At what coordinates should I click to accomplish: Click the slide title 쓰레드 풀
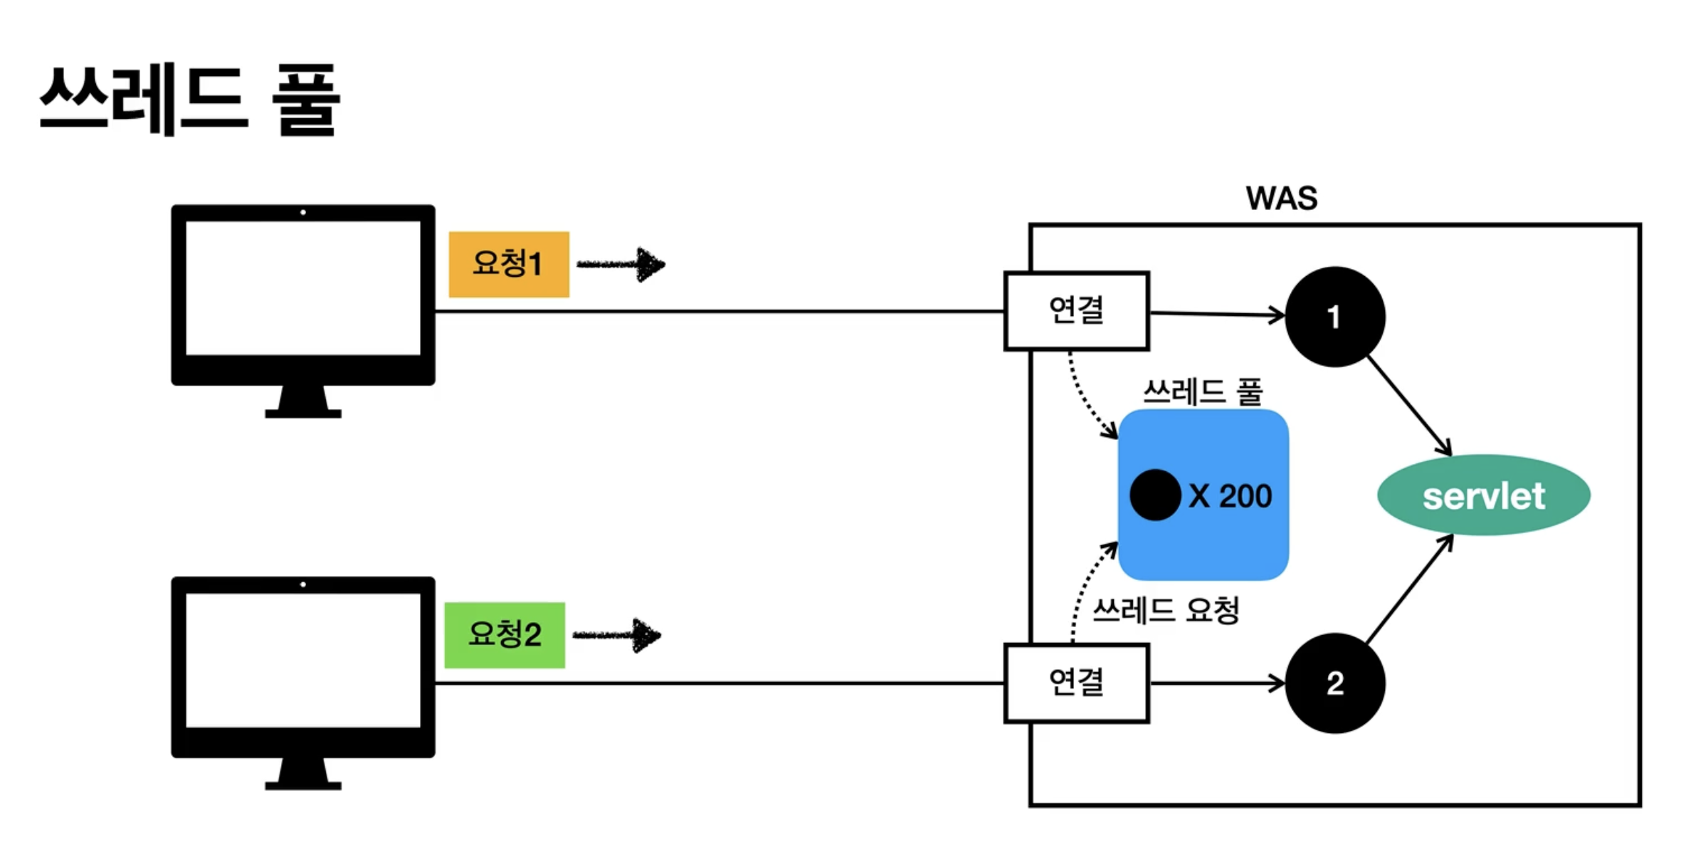[x=190, y=99]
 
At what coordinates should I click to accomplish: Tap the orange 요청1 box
[x=509, y=264]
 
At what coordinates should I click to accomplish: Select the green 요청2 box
[x=505, y=635]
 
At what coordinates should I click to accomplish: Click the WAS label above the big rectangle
[x=1281, y=198]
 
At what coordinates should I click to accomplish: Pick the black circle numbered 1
[x=1334, y=317]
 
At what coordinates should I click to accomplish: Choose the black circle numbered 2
[x=1334, y=683]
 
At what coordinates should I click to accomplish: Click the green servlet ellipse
[x=1484, y=495]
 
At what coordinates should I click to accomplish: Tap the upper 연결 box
[x=1076, y=311]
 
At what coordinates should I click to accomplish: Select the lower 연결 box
[x=1076, y=683]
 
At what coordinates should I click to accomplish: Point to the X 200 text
[x=1230, y=496]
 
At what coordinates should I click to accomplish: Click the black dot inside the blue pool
[x=1155, y=495]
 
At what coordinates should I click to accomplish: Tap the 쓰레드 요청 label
[x=1166, y=610]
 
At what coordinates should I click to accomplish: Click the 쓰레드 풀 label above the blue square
[x=1203, y=392]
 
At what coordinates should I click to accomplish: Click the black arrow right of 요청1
[x=621, y=265]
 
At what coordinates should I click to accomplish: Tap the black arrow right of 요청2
[x=617, y=636]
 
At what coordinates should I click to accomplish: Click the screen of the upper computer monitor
[x=303, y=288]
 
